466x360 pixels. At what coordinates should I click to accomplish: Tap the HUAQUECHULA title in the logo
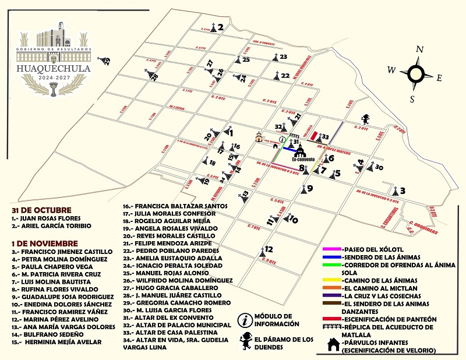55,68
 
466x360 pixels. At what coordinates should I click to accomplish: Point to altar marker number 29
105,61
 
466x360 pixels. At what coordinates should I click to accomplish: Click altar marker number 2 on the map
216,27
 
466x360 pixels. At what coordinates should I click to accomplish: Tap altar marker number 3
398,191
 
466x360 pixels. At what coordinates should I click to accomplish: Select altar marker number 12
265,250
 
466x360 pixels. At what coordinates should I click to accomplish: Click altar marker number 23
278,57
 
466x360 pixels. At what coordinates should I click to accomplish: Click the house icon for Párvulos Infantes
333,345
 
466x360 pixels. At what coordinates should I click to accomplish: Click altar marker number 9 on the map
305,189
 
